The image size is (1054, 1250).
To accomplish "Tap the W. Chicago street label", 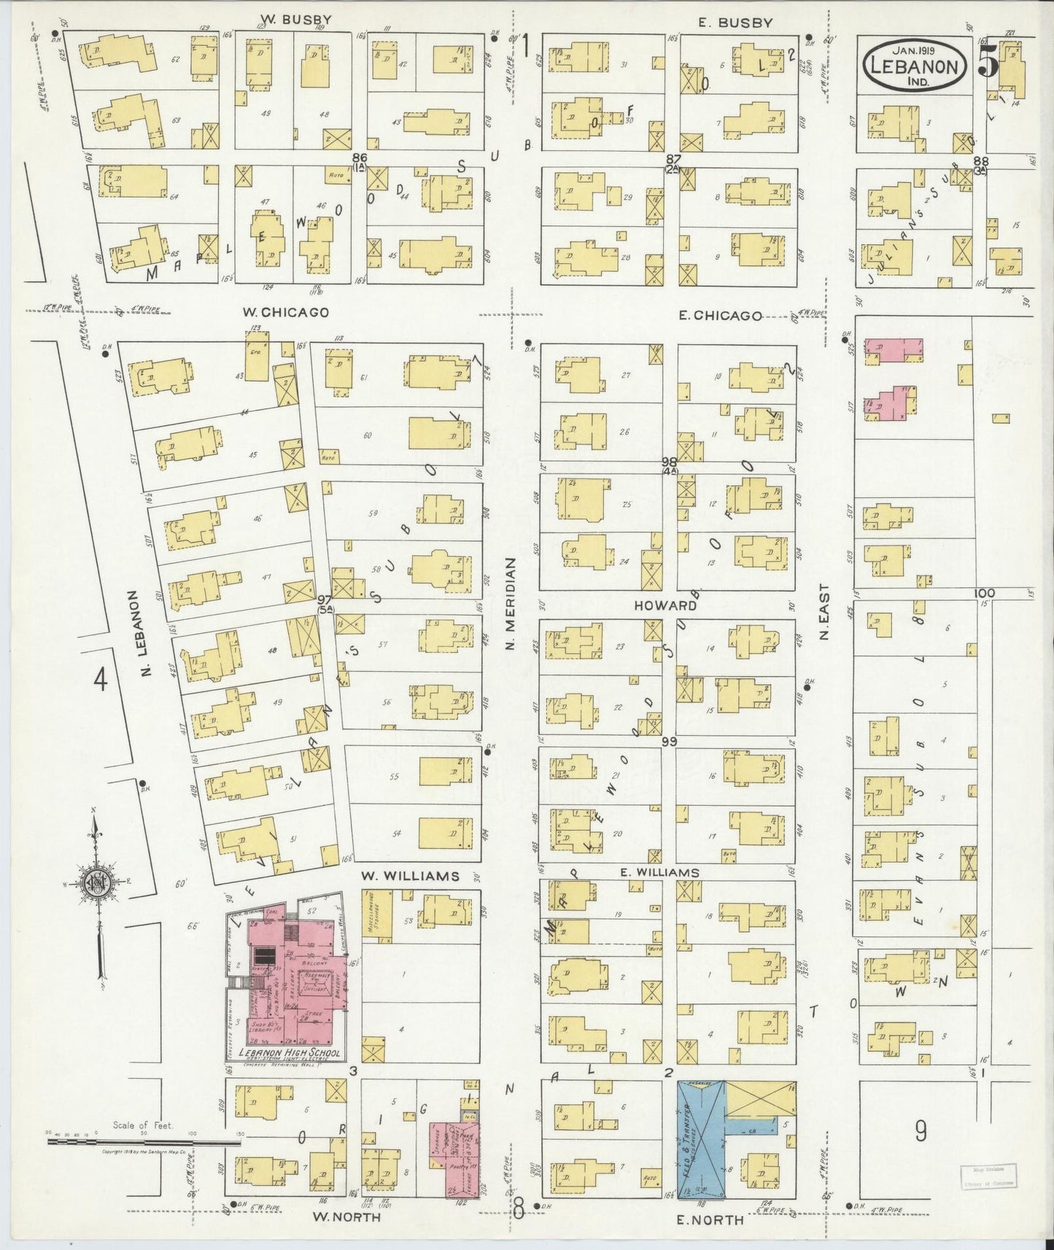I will point(285,312).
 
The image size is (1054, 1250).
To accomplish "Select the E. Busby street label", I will point(735,23).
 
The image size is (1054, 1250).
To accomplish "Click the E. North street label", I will point(711,1220).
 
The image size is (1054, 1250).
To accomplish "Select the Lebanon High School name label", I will point(284,1053).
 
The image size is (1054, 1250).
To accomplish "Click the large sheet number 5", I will point(988,63).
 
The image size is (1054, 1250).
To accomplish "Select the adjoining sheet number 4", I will point(100,680).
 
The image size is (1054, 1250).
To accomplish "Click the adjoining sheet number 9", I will point(921,1131).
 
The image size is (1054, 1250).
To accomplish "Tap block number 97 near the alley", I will point(325,599).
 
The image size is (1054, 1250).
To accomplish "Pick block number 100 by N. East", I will point(984,594).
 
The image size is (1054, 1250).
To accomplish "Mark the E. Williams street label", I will point(659,872).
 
